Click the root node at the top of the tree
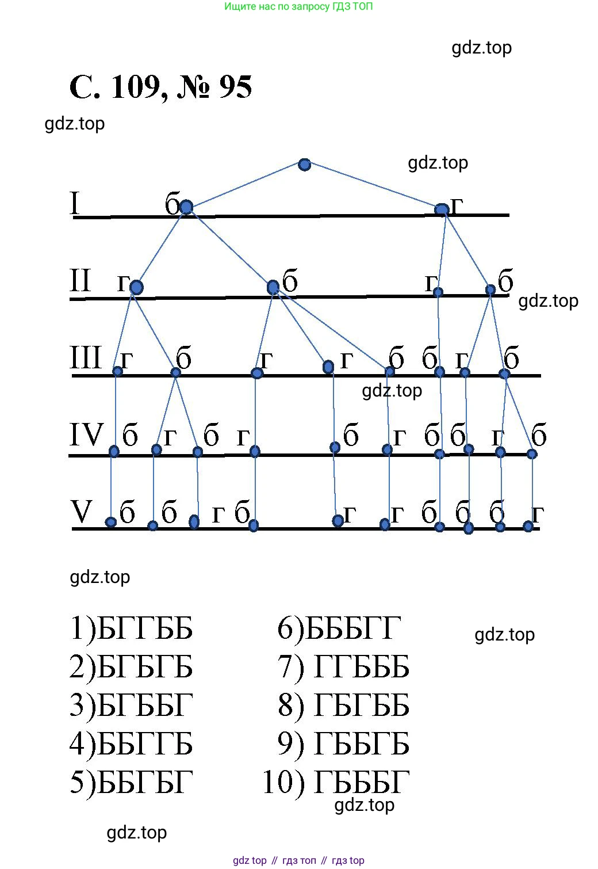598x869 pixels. point(305,165)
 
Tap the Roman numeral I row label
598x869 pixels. point(75,204)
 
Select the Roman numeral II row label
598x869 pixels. point(80,281)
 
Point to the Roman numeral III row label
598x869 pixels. point(85,358)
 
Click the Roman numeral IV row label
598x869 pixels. point(86,435)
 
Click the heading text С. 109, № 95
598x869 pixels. point(160,87)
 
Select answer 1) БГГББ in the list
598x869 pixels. point(131,628)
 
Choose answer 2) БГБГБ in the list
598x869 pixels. point(131,667)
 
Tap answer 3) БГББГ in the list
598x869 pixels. point(131,706)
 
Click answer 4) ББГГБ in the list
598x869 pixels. point(131,744)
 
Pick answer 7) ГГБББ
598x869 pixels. point(343,667)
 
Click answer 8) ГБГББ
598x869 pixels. point(343,706)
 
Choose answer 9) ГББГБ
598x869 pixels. point(343,744)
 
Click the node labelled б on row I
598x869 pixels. point(186,207)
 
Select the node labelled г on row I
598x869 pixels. point(442,210)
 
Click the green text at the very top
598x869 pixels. point(298,7)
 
